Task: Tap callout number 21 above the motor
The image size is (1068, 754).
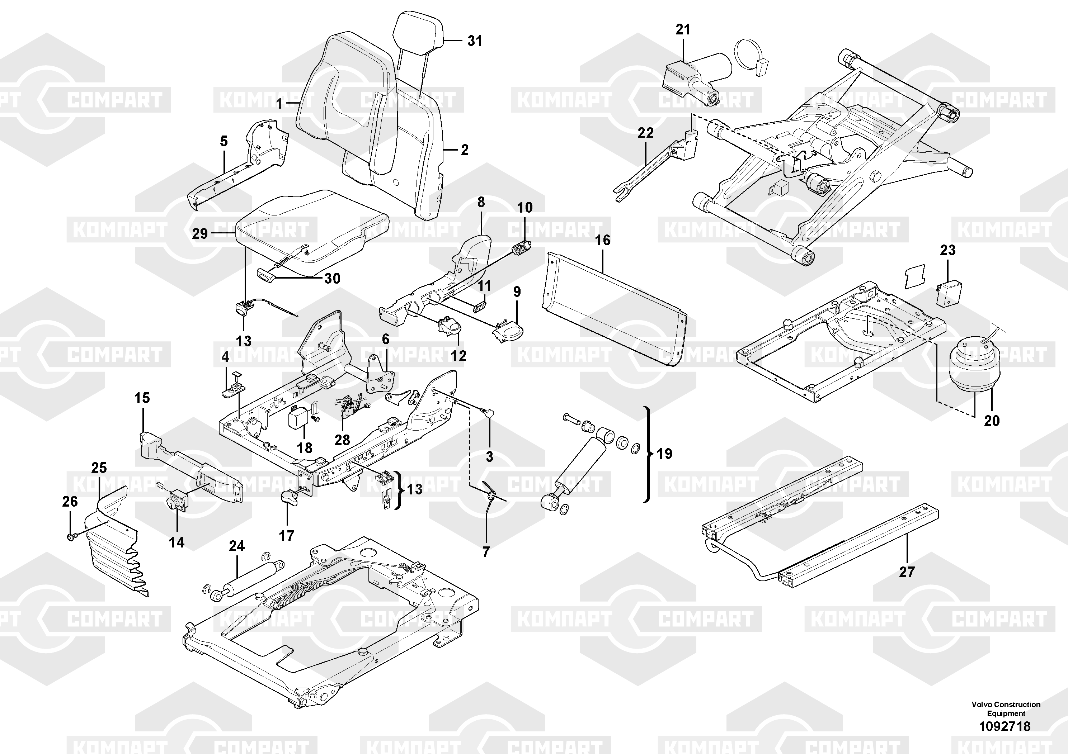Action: click(683, 30)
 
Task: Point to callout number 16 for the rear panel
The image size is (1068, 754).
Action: click(602, 240)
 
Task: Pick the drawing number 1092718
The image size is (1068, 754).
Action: click(1005, 726)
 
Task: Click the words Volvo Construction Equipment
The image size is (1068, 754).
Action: click(1006, 709)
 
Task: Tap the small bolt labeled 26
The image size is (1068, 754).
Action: click(71, 537)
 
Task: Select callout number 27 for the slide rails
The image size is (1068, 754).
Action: click(907, 572)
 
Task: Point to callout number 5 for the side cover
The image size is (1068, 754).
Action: click(224, 141)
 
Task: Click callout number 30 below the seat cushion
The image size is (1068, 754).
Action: click(332, 279)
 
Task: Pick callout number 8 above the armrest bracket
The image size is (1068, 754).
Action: click(481, 202)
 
